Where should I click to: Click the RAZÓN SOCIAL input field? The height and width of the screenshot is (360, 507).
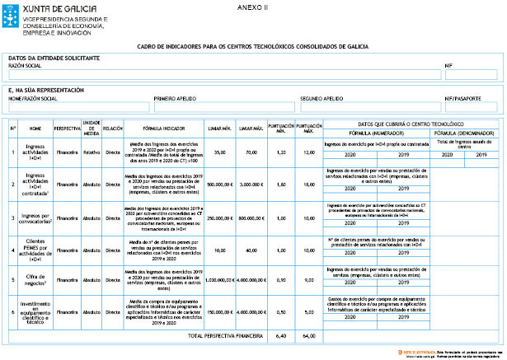click(223, 74)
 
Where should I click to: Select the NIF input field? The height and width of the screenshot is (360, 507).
click(471, 74)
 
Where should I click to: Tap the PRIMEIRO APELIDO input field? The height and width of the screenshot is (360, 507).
click(223, 107)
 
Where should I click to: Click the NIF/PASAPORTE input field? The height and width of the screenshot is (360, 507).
click(471, 107)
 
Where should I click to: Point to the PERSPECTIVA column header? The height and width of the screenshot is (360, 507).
click(67, 129)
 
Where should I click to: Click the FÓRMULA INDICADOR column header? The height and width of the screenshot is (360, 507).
click(163, 129)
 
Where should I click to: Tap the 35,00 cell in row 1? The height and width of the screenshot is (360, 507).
click(220, 152)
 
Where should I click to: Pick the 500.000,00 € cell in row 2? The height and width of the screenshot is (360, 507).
click(220, 185)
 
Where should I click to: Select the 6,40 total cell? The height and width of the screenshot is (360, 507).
click(281, 336)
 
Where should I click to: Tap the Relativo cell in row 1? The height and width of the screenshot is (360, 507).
click(92, 152)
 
